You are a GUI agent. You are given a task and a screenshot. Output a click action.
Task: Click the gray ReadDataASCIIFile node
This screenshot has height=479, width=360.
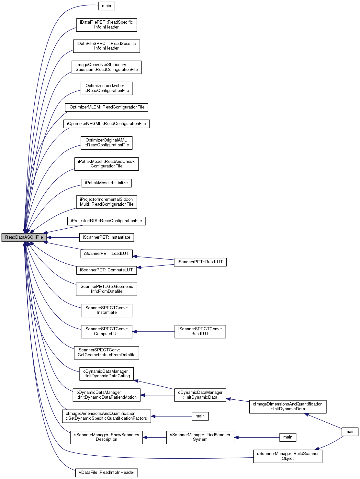pyautogui.click(x=24, y=237)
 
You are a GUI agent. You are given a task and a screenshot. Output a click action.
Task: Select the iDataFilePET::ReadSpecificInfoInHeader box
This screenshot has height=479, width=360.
pyautogui.click(x=107, y=25)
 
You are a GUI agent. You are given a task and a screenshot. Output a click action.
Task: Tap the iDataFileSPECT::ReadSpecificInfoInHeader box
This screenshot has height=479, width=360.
pyautogui.click(x=107, y=46)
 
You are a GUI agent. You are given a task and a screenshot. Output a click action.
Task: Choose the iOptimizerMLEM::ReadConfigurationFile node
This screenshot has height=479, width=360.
pyautogui.click(x=107, y=107)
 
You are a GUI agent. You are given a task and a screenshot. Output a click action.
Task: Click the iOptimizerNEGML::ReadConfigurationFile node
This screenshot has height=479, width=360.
pyautogui.click(x=107, y=124)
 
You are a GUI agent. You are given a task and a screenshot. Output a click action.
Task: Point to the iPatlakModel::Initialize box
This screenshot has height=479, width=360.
pyautogui.click(x=107, y=183)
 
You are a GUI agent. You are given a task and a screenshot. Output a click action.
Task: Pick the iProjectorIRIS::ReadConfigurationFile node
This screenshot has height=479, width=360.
pyautogui.click(x=107, y=221)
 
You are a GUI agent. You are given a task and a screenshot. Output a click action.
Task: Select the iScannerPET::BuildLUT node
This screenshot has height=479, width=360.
pyautogui.click(x=200, y=262)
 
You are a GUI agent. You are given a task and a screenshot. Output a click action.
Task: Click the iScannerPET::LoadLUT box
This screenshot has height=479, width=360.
pyautogui.click(x=107, y=254)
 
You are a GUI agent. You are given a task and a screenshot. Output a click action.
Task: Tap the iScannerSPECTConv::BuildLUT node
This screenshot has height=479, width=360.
pyautogui.click(x=200, y=331)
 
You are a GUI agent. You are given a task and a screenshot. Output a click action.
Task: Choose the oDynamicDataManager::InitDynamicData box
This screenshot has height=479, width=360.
pyautogui.click(x=200, y=395)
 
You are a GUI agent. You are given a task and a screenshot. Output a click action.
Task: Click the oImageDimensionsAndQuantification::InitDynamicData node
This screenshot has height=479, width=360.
pyautogui.click(x=288, y=406)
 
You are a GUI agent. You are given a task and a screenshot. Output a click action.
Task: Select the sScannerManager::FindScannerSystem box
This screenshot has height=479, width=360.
pyautogui.click(x=200, y=437)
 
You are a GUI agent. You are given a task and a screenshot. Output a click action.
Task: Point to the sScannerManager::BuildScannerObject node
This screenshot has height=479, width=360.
pyautogui.click(x=288, y=456)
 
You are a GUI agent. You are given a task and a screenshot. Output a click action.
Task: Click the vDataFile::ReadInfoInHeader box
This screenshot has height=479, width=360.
pyautogui.click(x=107, y=473)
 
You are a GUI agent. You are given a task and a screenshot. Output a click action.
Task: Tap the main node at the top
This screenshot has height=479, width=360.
pyautogui.click(x=107, y=6)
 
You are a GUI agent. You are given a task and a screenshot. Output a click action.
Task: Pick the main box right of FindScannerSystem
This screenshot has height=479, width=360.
pyautogui.click(x=288, y=437)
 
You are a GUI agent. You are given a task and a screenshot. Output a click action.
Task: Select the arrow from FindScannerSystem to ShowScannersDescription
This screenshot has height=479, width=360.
pyautogui.click(x=155, y=438)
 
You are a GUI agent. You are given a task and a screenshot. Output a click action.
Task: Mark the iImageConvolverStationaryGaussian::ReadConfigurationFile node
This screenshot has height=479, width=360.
pyautogui.click(x=107, y=67)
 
